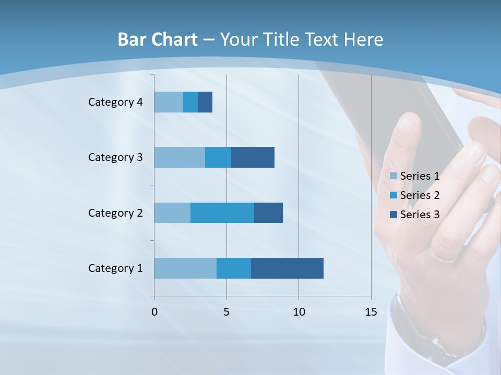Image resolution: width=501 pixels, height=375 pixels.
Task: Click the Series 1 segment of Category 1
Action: (185, 268)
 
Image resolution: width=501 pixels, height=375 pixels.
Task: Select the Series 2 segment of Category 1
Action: (234, 268)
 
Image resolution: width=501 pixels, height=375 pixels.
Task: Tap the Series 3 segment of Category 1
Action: (287, 268)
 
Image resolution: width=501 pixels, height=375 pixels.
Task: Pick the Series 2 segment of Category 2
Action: (222, 213)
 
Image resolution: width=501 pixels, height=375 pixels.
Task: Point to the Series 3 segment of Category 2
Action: (268, 213)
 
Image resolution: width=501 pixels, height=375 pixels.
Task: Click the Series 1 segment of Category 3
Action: (180, 157)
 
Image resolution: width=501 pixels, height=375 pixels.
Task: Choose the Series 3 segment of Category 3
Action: (253, 157)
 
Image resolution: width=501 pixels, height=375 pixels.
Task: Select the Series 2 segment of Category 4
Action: (190, 102)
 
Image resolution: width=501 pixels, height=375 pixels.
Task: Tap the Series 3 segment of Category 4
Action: (205, 102)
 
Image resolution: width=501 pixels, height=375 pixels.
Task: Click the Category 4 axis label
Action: (115, 102)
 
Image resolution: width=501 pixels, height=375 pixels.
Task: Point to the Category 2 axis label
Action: (115, 213)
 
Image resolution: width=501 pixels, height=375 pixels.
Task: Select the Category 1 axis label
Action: (115, 268)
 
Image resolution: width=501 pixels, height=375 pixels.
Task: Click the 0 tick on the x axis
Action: (154, 312)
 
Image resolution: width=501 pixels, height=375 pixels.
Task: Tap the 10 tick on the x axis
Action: (299, 312)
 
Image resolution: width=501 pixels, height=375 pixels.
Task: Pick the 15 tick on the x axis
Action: (371, 312)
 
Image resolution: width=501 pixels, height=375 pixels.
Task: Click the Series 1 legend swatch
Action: (393, 176)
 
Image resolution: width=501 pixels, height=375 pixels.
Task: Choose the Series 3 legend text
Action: (420, 214)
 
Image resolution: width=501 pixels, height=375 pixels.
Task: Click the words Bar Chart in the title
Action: (158, 40)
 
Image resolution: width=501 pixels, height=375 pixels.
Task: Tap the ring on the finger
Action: (443, 256)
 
